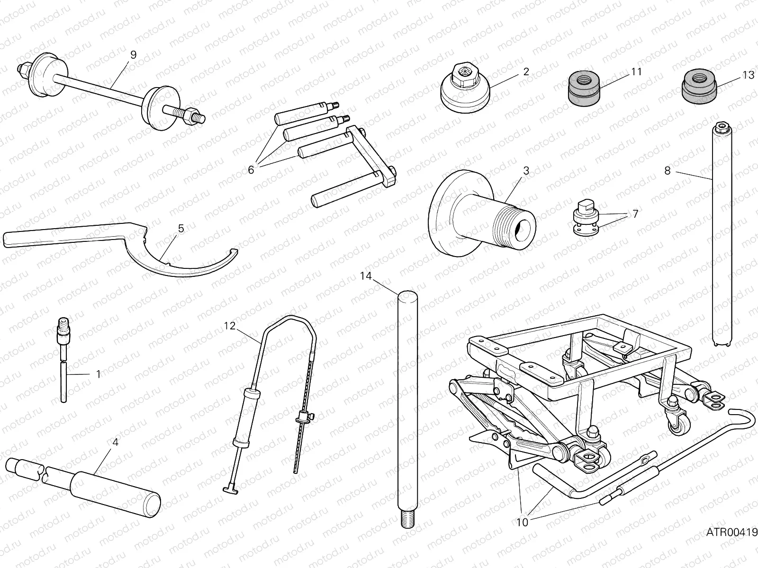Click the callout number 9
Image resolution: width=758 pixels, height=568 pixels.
(x=133, y=55)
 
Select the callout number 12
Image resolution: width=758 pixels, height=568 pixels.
(x=230, y=326)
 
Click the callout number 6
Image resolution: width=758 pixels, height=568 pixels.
(x=251, y=169)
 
